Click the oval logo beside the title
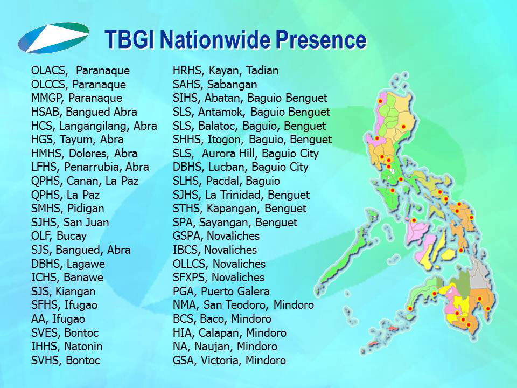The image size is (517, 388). pyautogui.click(x=54, y=38)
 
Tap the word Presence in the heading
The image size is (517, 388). pyautogui.click(x=321, y=39)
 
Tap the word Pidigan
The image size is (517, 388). pyautogui.click(x=86, y=209)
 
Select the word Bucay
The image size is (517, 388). pyautogui.click(x=72, y=237)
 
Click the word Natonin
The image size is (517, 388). pyautogui.click(x=83, y=347)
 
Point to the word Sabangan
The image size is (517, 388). pyautogui.click(x=232, y=85)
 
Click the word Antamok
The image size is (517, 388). pyautogui.click(x=221, y=113)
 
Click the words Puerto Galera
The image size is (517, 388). pyautogui.click(x=235, y=292)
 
